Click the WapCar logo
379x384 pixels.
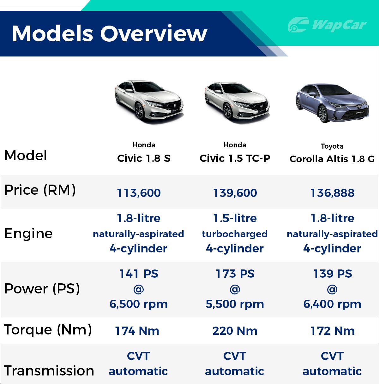327,25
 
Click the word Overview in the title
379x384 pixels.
154,33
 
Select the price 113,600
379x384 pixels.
139,193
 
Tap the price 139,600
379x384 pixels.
235,193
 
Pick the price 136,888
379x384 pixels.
332,193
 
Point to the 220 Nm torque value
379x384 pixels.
235,331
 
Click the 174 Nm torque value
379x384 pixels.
137,331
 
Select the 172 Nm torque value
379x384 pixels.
332,331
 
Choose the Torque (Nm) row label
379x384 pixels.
48,330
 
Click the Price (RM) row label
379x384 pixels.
40,190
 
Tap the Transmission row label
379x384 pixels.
49,370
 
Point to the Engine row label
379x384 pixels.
28,233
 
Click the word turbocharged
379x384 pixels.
235,234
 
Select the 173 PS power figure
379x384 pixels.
235,274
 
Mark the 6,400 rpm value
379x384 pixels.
332,304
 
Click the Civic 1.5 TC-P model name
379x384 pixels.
235,158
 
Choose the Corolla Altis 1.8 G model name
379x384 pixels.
332,159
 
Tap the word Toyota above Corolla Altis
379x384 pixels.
332,146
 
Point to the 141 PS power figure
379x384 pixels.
139,274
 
